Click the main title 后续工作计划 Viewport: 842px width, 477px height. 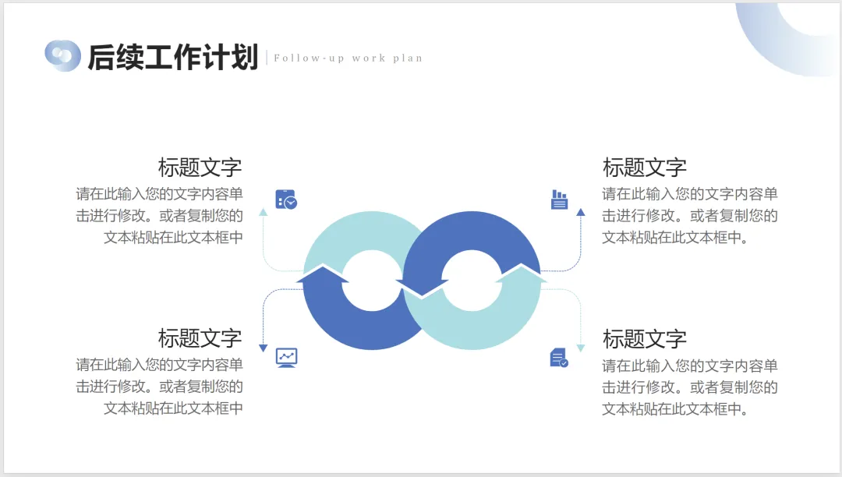coord(172,57)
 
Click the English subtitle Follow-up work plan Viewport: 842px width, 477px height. coord(348,58)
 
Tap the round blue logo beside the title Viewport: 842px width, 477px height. coord(62,55)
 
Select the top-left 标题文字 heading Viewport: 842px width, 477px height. coord(200,168)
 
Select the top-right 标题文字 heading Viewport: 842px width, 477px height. coord(645,168)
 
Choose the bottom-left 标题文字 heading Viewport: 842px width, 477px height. coord(200,338)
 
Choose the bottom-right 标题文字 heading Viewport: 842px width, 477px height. coord(645,339)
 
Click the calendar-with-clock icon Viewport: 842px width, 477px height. coord(286,200)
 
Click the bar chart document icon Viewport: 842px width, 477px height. coord(559,200)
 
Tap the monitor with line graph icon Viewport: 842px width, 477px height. coord(287,358)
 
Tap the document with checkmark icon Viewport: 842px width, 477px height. coord(558,358)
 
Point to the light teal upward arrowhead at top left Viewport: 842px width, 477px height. coord(263,211)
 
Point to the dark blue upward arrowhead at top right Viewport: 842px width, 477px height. coord(580,211)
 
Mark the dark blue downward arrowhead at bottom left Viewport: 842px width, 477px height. coord(263,348)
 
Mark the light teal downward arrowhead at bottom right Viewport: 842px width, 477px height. coord(580,348)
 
